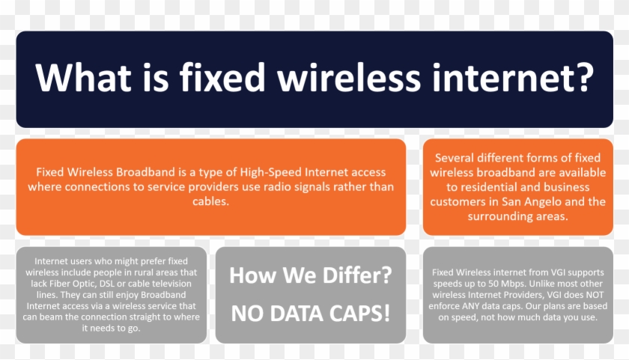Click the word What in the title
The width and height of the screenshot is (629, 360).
(x=83, y=77)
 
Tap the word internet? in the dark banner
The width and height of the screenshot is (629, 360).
(x=513, y=77)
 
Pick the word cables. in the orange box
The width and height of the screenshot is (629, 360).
(x=210, y=201)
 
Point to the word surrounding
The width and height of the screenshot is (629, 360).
(x=496, y=216)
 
